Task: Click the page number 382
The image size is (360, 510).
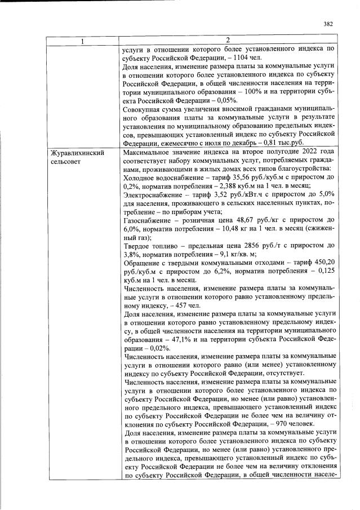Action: click(329, 24)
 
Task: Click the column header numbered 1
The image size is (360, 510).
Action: click(82, 40)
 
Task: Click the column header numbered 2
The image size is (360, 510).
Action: click(228, 40)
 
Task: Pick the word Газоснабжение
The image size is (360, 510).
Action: click(148, 220)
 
